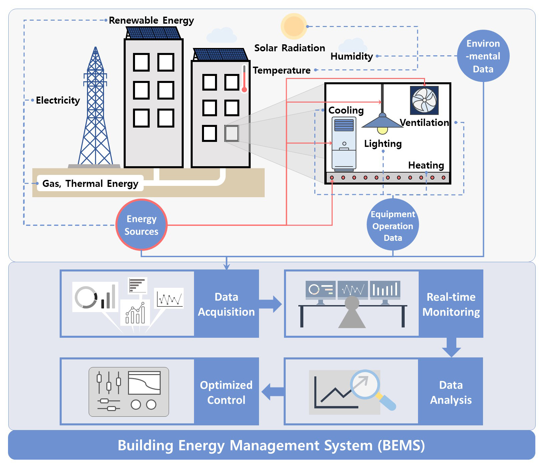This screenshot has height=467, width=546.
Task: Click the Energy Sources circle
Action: (x=141, y=225)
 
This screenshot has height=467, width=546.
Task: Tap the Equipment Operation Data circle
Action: (x=393, y=225)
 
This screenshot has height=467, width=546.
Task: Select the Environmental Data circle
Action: (x=483, y=56)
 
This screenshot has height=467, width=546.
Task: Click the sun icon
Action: (x=294, y=26)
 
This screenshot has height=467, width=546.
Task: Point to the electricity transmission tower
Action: (x=95, y=110)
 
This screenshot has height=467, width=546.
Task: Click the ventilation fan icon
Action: (x=424, y=100)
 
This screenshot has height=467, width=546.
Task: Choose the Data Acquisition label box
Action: (x=226, y=304)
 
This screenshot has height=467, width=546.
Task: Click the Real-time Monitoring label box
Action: (x=451, y=304)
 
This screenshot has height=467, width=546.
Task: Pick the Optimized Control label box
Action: (x=226, y=392)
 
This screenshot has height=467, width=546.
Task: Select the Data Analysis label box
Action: (x=451, y=392)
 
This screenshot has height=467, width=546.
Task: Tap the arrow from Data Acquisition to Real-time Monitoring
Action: (x=271, y=304)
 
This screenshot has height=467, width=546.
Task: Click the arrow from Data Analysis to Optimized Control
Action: (x=272, y=392)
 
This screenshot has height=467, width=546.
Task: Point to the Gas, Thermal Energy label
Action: (x=90, y=183)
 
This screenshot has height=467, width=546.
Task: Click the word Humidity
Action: (x=352, y=56)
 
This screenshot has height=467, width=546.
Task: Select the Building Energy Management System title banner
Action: (x=272, y=445)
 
